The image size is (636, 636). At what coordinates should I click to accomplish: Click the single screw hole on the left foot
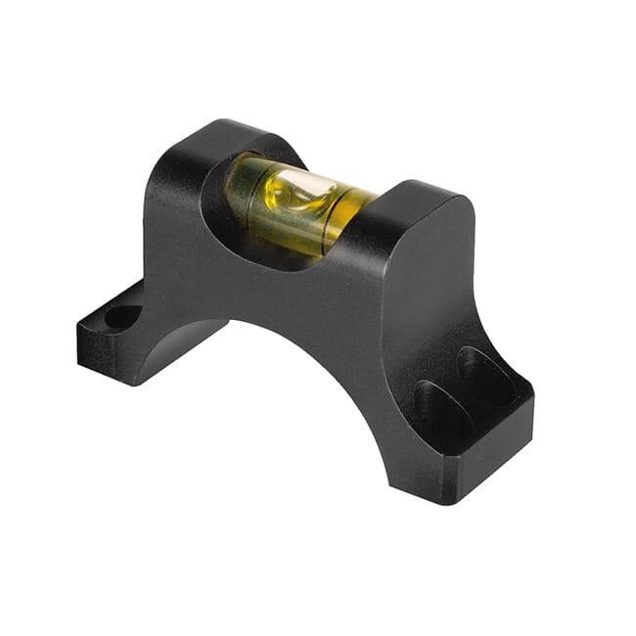pos(122,316)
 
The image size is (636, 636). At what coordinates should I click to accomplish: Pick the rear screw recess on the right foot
pos(486,376)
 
